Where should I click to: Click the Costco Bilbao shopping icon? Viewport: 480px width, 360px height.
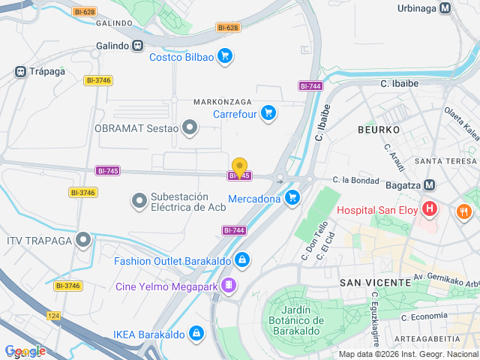pos(224,56)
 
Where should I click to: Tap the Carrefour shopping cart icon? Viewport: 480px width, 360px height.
pos(268,114)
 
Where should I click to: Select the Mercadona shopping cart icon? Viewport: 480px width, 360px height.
pos(292,198)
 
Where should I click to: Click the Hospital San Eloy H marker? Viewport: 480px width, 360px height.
pos(430,209)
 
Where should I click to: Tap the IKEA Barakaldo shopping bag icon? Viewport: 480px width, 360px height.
pos(196,332)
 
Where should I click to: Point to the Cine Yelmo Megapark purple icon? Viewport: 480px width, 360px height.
pos(228,285)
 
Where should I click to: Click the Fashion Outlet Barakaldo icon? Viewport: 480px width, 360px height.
pos(241,261)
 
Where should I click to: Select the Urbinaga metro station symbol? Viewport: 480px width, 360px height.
pos(446,8)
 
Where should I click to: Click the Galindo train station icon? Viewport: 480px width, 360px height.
pos(137,46)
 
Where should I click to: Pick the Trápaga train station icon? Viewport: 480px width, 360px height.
pos(20,72)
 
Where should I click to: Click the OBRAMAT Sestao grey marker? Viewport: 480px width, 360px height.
pos(190,127)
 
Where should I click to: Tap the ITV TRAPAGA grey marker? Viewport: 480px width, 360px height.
pos(84,240)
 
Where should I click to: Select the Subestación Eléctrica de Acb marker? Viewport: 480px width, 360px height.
pos(139,201)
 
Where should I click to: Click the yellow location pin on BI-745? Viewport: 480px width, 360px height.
pos(239,167)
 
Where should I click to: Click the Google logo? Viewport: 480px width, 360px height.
pos(25,351)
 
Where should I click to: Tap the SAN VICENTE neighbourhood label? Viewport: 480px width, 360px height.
pos(375,282)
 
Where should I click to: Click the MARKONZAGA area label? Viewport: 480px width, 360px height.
pos(223,101)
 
